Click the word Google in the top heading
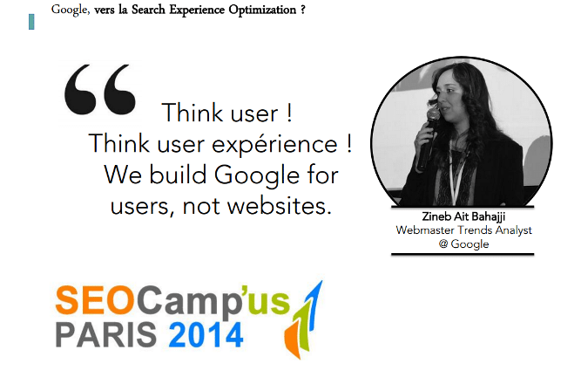[71, 10]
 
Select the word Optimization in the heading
[262, 10]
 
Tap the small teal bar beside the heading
[31, 22]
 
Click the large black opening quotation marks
[100, 90]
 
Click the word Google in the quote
[256, 176]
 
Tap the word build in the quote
[178, 175]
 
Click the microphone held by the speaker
[428, 139]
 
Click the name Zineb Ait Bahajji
[463, 216]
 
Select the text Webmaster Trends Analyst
[463, 230]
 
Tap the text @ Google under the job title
[463, 244]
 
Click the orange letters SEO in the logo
[95, 299]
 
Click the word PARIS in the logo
[106, 335]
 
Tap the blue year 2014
[206, 335]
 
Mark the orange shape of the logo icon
[293, 340]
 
